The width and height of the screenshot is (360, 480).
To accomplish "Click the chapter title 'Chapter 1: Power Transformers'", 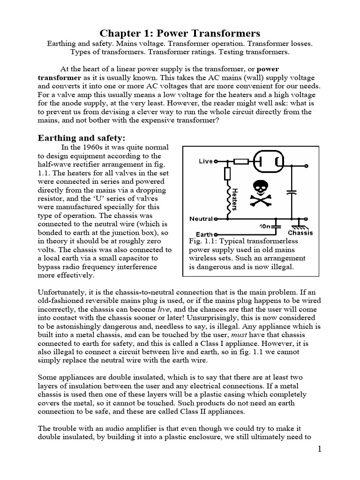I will coord(180,33).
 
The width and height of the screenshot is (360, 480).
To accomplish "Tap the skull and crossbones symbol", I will coord(261,192).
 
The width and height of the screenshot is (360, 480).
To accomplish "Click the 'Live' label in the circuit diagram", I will coord(205,161).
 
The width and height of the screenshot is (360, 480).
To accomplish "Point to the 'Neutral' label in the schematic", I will coord(201,218).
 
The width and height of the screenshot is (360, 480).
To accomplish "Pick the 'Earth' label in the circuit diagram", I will coord(203,234).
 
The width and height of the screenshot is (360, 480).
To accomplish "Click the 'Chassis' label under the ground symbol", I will coord(300,232).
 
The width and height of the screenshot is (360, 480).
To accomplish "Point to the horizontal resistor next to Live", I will coord(241,161).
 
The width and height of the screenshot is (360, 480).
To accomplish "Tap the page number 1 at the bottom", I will coord(319,449).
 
